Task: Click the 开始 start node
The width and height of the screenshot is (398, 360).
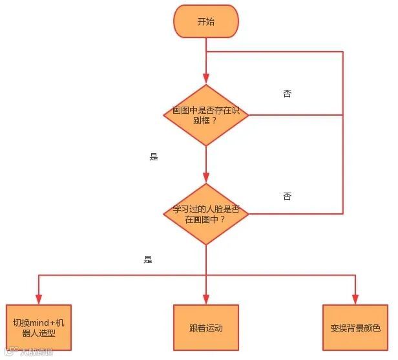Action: point(205,22)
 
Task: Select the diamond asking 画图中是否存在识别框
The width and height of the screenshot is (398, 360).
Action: point(205,115)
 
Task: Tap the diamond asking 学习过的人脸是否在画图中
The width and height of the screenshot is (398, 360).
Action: point(205,214)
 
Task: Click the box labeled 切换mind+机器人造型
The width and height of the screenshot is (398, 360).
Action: point(39,327)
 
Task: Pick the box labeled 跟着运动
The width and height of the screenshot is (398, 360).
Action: point(205,327)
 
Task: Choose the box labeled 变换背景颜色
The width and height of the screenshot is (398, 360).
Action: point(355,327)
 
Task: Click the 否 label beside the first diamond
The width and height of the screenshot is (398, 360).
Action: point(287,94)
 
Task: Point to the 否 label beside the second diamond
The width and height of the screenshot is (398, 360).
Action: point(287,196)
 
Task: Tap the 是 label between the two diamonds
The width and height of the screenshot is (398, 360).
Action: point(154,157)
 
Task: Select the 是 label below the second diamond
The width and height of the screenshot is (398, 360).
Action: point(148,260)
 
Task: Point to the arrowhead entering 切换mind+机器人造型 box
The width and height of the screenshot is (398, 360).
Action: point(39,299)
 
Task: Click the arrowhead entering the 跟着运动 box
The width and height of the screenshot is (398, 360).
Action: point(205,299)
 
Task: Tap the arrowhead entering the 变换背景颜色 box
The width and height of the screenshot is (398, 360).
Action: point(355,299)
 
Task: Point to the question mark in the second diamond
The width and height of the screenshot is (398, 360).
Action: point(222,220)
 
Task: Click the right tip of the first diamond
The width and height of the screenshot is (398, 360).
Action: point(248,115)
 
